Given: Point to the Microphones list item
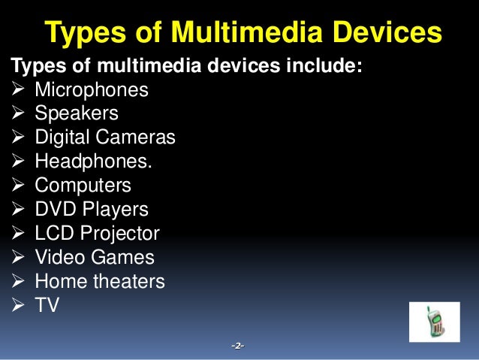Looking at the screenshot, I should coord(92,91).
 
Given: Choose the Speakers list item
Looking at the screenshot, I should coord(77,114).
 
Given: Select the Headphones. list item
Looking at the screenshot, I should coord(93,162).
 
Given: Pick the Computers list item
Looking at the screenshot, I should coord(83,185).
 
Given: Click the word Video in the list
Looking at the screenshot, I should coord(60,257).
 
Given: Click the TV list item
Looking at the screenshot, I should coord(47,305).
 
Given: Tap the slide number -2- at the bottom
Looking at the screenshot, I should coord(238,346).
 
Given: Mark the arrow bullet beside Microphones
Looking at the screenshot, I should coord(20,91).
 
